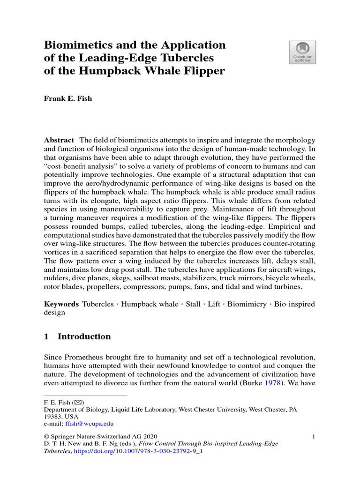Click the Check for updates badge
pyautogui.click(x=302, y=52)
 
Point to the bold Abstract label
pyautogui.click(x=59, y=141)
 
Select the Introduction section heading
pyautogui.click(x=84, y=337)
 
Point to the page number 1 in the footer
pyautogui.click(x=313, y=437)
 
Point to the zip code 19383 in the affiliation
pyautogui.click(x=52, y=416)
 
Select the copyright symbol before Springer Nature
pyautogui.click(x=46, y=437)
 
